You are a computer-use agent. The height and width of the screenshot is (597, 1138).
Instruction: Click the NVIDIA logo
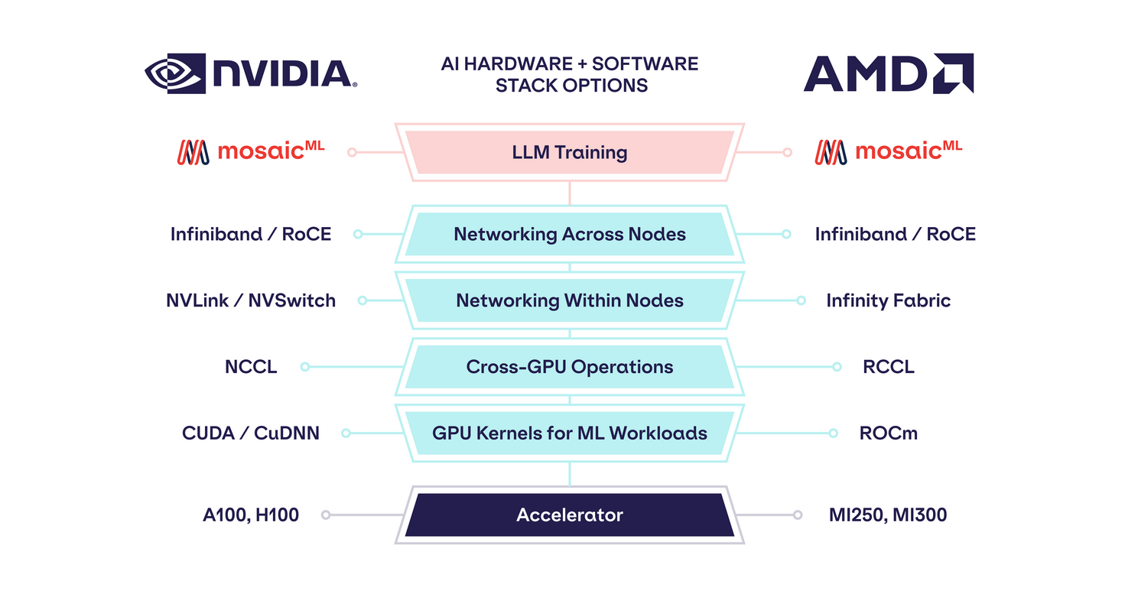251,73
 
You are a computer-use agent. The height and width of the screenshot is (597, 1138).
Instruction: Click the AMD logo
888,73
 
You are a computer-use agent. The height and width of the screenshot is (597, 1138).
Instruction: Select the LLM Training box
569,152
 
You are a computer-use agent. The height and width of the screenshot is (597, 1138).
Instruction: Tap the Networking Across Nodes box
569,234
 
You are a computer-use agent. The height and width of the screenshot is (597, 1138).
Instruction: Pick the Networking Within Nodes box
569,300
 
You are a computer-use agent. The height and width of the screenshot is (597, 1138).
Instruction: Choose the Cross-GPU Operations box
569,367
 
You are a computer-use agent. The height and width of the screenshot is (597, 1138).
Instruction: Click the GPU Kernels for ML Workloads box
569,433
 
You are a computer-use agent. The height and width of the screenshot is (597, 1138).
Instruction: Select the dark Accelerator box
569,515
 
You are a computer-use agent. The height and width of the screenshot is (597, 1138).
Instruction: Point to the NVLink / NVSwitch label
251,300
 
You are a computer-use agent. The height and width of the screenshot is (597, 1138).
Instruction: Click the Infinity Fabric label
888,300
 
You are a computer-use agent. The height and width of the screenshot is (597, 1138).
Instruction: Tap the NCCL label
251,367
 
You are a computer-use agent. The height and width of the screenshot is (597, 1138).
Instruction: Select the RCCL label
888,367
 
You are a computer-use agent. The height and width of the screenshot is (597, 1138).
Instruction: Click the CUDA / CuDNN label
251,433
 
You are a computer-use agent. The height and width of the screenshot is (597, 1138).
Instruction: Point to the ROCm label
888,433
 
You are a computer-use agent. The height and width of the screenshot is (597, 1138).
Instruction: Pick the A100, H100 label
251,515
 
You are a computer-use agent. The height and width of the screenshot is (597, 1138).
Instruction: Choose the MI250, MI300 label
888,515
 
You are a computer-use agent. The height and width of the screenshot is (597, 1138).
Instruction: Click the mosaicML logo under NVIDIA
251,151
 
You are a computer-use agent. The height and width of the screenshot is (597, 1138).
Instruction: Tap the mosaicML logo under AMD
888,151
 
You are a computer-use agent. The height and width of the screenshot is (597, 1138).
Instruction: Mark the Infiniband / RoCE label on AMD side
895,234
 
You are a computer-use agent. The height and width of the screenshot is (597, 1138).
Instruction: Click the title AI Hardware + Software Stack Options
569,74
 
